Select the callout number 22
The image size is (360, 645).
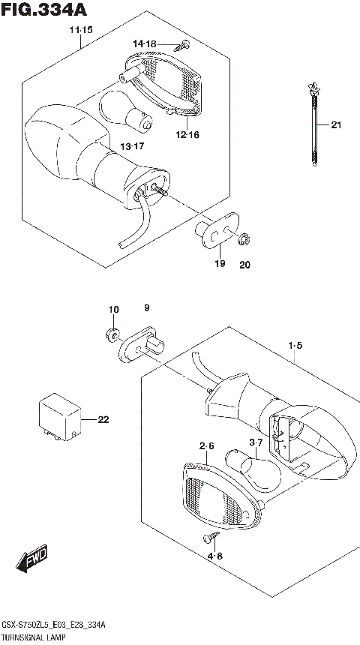tap(103, 419)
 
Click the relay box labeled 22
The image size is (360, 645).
tap(60, 418)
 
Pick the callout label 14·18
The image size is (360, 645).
tap(145, 44)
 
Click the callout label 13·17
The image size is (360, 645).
tap(133, 145)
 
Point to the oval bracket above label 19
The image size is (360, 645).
tap(219, 230)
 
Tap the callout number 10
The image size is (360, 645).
tap(112, 309)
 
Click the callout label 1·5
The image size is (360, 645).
tap(294, 346)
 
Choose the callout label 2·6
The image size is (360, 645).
tap(207, 446)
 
